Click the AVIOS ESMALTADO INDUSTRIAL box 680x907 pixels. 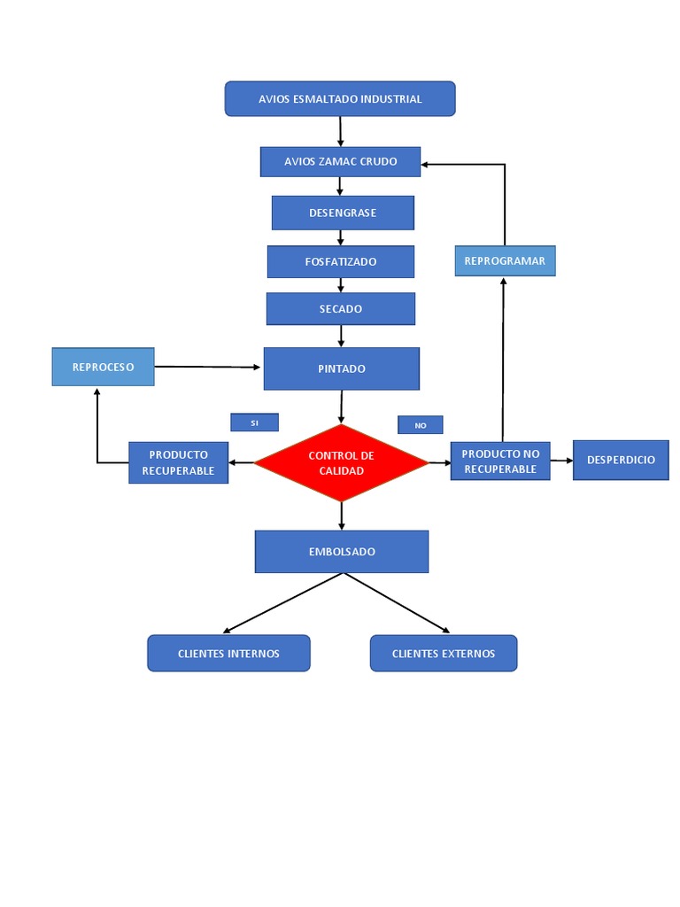340,99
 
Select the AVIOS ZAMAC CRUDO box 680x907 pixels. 340,162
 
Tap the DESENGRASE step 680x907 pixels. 343,213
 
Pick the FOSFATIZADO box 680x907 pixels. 341,262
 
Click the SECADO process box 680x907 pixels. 341,309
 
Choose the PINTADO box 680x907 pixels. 341,368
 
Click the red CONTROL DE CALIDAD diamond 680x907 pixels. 341,463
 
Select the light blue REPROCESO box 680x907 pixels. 103,367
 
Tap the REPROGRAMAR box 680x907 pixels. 505,261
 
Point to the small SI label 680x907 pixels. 254,422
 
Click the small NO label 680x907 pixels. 420,425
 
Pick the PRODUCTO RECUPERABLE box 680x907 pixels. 178,462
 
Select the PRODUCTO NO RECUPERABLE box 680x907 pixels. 500,461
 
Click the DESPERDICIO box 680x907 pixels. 621,461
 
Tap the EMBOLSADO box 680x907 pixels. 342,552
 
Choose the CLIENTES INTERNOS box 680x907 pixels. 228,654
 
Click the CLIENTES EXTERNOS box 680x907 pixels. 443,654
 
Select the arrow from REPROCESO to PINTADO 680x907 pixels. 208,367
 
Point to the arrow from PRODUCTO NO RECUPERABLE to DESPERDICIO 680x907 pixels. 561,461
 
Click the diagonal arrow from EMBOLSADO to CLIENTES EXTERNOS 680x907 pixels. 397,603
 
